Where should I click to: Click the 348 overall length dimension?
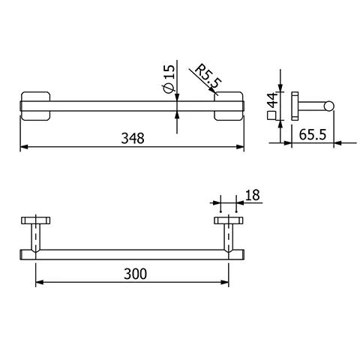132,137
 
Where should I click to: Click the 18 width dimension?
252,196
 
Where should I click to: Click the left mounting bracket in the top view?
34,105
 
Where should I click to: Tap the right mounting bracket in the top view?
229,105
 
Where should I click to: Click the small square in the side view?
271,115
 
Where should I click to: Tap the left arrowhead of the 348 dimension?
22,146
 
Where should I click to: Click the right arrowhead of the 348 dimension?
241,146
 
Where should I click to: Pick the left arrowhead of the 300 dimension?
39,282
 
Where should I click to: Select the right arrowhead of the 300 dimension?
226,282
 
